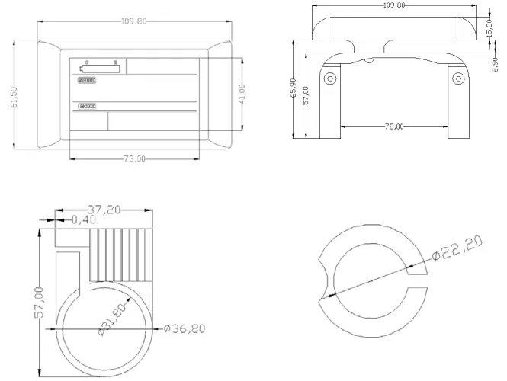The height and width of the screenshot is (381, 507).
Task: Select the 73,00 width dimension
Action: [x=134, y=158]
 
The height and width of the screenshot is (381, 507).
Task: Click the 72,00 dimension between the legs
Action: [x=394, y=126]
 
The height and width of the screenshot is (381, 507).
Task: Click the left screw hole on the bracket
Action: [x=330, y=78]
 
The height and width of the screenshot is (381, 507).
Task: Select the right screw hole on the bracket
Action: [x=457, y=78]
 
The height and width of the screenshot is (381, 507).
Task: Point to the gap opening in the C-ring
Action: [x=417, y=278]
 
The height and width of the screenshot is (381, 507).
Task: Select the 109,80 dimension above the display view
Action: [x=133, y=21]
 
